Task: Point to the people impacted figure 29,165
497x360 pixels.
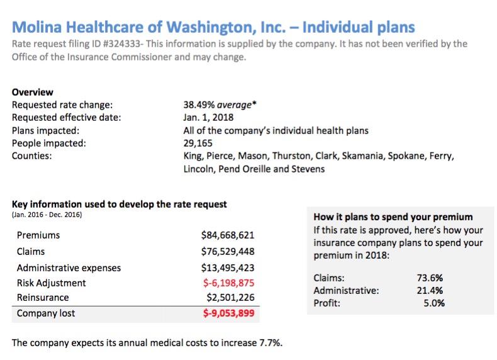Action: [x=197, y=143]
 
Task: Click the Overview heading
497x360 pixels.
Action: [x=33, y=93]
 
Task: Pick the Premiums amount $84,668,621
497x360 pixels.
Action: [x=228, y=235]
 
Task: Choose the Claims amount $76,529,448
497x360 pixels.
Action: [x=228, y=251]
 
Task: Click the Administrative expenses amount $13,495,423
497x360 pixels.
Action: [x=228, y=267]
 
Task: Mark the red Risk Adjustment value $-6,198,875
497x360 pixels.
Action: [x=228, y=283]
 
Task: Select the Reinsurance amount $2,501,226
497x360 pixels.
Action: [x=230, y=297]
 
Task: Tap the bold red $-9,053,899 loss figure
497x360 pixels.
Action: [x=228, y=313]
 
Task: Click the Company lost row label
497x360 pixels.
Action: [x=46, y=313]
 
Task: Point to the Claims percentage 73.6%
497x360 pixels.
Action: [x=430, y=278]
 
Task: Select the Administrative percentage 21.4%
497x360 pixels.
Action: [x=430, y=290]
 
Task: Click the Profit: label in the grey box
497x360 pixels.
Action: [x=327, y=303]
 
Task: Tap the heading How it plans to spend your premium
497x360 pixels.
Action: [x=393, y=217]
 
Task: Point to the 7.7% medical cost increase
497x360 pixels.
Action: [x=270, y=343]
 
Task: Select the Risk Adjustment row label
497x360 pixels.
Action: [x=52, y=283]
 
